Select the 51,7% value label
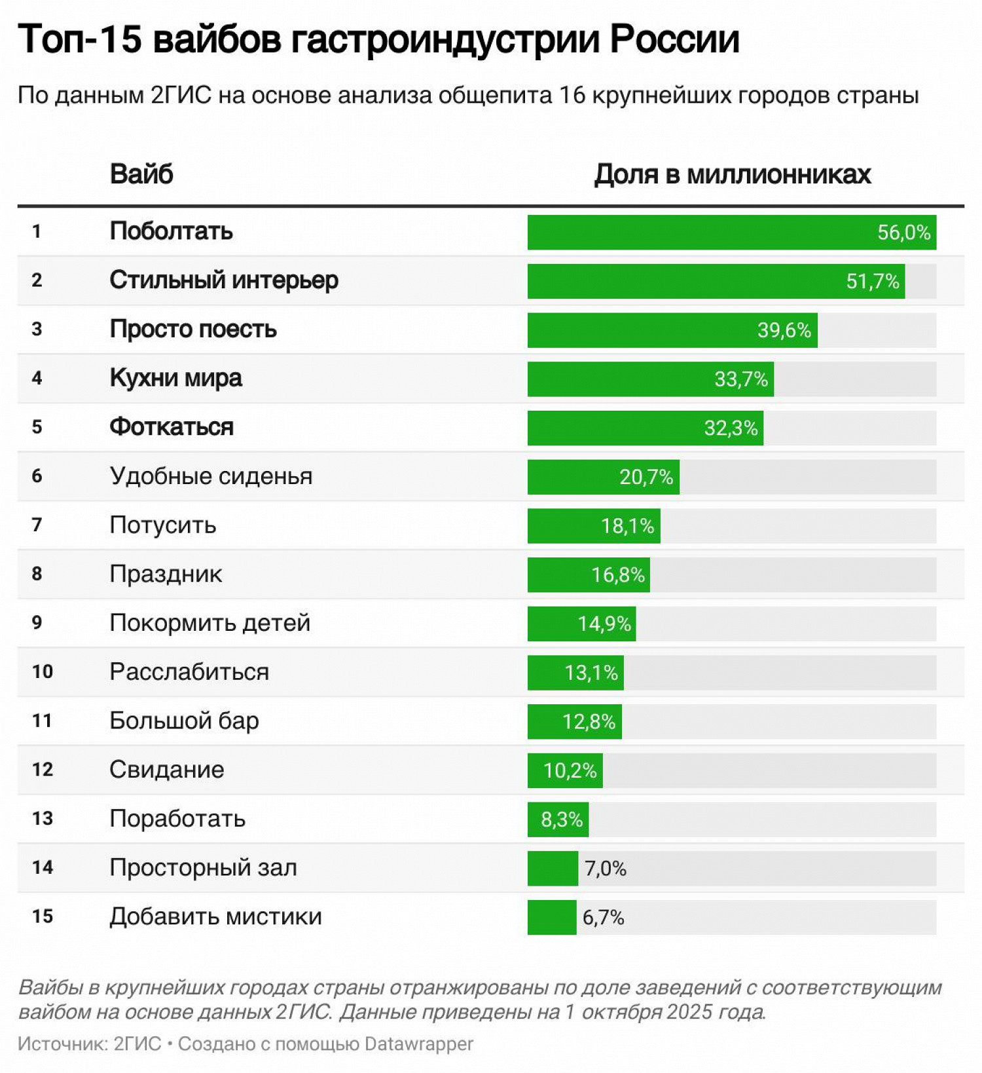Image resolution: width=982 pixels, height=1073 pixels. [872, 282]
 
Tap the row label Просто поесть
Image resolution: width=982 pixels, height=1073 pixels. [193, 329]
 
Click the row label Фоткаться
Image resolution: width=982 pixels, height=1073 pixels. [172, 427]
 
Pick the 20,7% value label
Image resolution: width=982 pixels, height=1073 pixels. [646, 477]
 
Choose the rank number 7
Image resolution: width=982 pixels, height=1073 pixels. [37, 525]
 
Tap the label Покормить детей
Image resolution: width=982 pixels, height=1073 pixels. [209, 623]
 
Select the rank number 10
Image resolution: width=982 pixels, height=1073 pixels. [42, 671]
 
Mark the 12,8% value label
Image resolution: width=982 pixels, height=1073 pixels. [589, 722]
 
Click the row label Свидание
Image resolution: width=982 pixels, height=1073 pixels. [166, 770]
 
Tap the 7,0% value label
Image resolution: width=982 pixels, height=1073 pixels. [605, 869]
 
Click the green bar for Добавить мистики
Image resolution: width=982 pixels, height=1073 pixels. [552, 918]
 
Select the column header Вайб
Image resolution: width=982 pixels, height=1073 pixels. [141, 174]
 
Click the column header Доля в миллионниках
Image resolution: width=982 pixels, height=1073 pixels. [732, 174]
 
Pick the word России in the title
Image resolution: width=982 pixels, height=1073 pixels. [674, 39]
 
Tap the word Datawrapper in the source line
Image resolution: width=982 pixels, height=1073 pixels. [418, 1044]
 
